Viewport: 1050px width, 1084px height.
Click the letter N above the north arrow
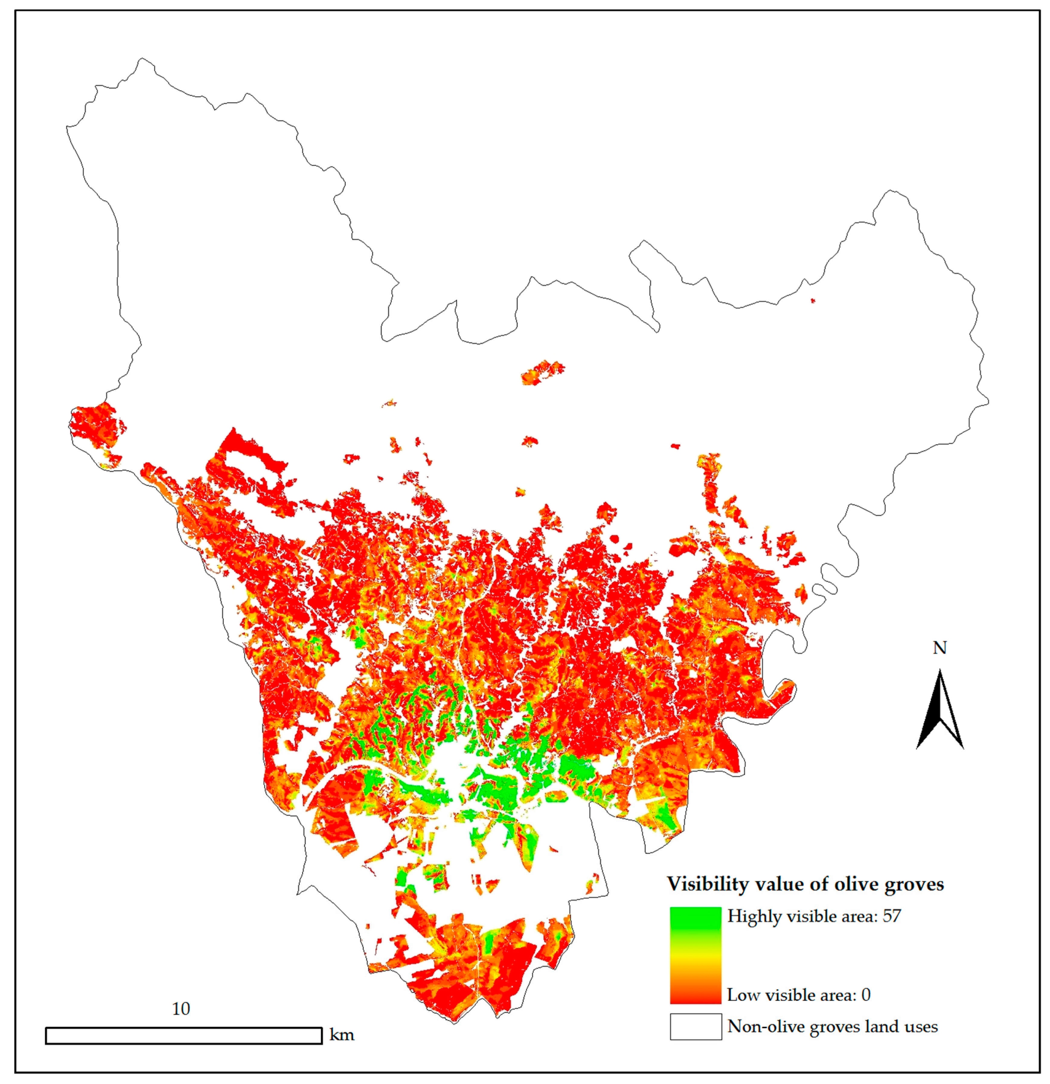940,648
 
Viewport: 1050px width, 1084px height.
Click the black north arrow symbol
940,711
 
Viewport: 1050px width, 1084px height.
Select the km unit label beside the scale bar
341,1035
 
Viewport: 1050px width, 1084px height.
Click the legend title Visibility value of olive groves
805,884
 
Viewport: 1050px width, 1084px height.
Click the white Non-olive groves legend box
695,1027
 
